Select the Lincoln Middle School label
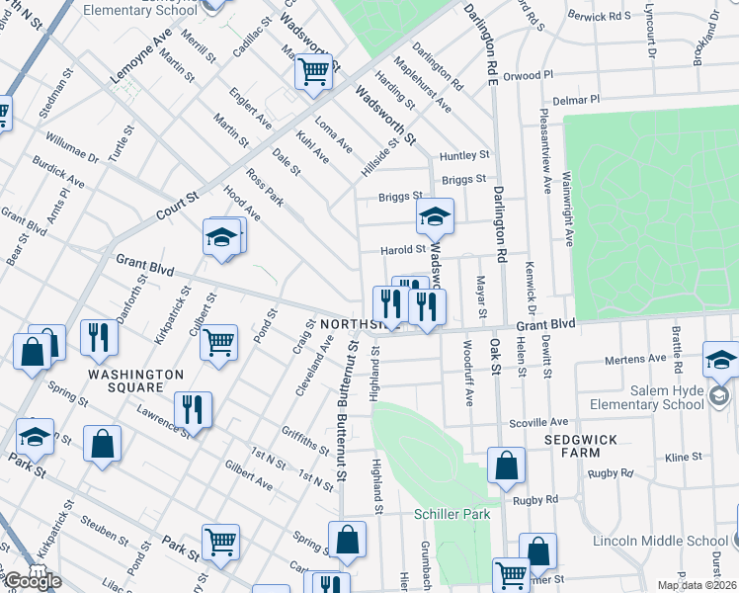click(660, 541)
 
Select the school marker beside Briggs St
click(434, 214)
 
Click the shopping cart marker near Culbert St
click(218, 342)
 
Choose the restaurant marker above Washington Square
click(98, 337)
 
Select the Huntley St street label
click(464, 155)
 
